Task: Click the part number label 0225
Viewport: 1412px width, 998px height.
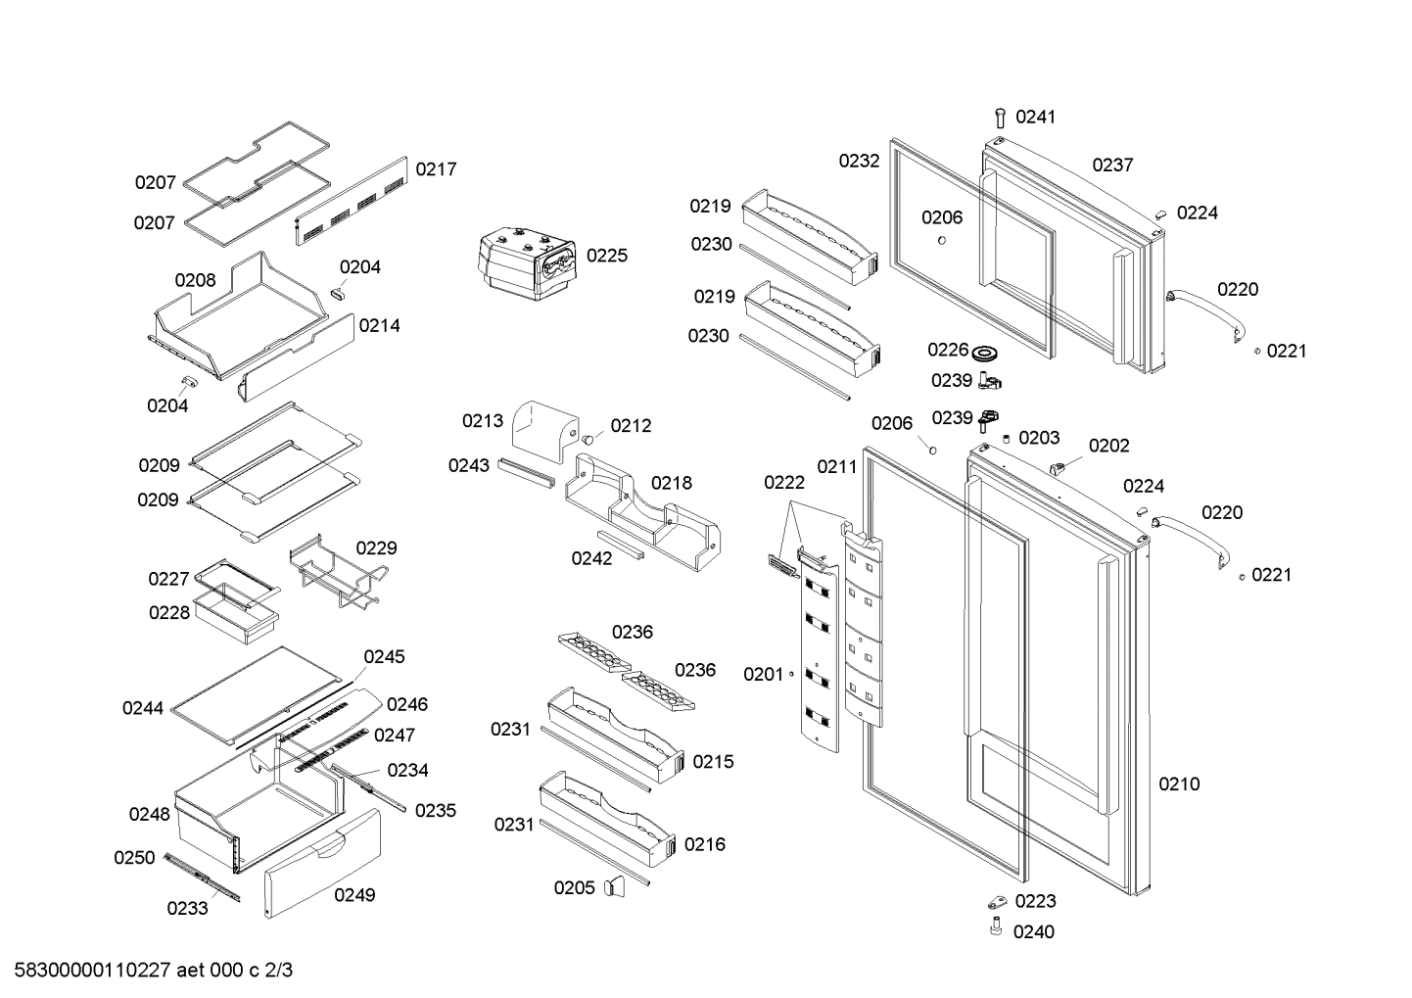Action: (x=607, y=256)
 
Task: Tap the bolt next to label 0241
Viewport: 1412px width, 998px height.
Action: (x=1000, y=118)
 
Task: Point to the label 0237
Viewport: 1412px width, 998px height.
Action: (x=1112, y=165)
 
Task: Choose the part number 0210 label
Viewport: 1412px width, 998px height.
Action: (x=1179, y=784)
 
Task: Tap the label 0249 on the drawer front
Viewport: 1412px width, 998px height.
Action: (x=354, y=894)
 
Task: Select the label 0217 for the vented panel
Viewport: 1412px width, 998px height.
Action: (x=436, y=169)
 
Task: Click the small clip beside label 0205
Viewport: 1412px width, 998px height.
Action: (x=614, y=886)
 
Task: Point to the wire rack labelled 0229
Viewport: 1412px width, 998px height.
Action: (x=333, y=578)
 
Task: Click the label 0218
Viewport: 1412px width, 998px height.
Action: (x=671, y=483)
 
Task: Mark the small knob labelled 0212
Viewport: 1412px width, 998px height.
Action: (x=590, y=439)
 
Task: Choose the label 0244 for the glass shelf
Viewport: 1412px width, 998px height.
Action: (x=143, y=708)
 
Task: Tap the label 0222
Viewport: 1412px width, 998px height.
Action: (x=784, y=482)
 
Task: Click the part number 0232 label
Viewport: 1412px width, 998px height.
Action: (x=859, y=162)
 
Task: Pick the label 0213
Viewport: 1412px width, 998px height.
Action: (x=483, y=421)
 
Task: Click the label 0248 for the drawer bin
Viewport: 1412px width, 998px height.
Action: (x=150, y=814)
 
